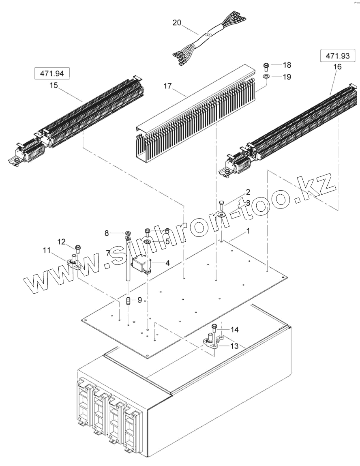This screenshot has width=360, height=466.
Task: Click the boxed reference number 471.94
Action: (52, 74)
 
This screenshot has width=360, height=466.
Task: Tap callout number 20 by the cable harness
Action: (177, 23)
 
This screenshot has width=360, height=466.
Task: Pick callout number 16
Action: (337, 67)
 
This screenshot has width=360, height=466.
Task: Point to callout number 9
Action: (139, 300)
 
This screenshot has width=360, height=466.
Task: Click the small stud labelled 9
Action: (128, 302)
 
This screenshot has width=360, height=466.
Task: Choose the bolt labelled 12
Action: (77, 248)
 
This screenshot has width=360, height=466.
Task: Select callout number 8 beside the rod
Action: (107, 233)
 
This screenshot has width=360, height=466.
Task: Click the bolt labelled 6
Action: (148, 232)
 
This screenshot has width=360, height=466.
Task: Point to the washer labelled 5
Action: (148, 242)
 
